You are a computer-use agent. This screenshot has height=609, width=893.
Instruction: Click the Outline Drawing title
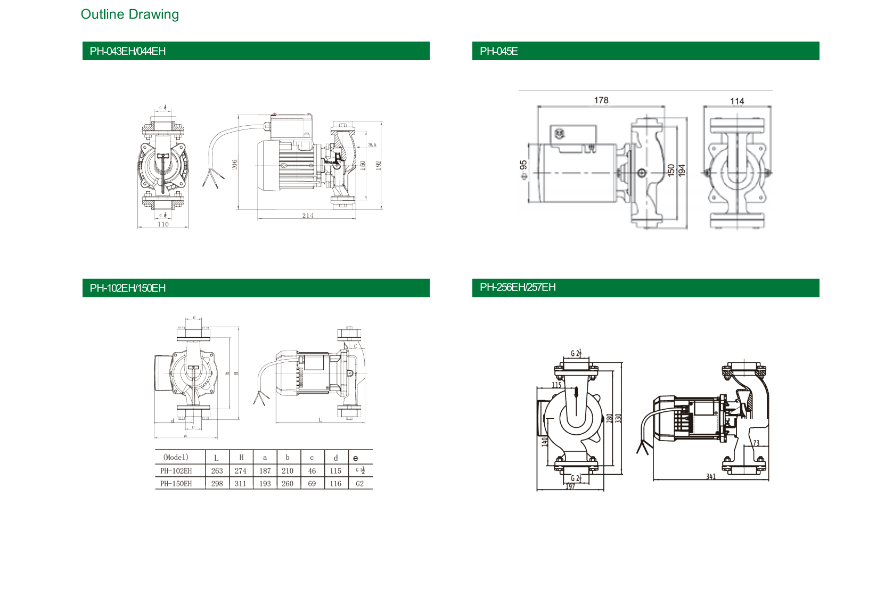129,14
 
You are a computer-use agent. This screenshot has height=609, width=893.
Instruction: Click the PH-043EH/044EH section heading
128,51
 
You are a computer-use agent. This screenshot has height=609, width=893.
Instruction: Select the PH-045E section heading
498,51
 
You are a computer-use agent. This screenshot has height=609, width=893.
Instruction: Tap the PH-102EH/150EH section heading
128,288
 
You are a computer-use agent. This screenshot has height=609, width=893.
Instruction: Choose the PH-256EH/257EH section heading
518,288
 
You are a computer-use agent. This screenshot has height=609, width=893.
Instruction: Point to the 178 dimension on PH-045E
601,100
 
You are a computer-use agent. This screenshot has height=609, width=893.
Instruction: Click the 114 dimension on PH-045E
737,101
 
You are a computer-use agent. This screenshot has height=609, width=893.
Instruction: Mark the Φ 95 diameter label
523,170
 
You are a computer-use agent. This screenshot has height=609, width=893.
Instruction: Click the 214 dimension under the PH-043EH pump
308,216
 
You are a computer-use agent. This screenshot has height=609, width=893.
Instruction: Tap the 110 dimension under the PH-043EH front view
163,224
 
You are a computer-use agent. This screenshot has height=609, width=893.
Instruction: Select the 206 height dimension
235,165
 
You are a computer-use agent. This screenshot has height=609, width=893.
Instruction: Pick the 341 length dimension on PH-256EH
711,477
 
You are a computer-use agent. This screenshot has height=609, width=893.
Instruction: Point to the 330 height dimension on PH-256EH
618,418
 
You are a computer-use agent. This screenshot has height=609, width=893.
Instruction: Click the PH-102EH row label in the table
176,471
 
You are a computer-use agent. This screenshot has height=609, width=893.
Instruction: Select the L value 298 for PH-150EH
217,484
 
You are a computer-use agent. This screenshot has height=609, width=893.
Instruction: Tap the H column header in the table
241,458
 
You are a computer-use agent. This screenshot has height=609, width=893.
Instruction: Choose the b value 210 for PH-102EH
288,471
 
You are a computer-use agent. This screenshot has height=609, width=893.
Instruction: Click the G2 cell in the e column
360,484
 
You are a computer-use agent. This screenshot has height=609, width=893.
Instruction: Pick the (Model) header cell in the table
176,458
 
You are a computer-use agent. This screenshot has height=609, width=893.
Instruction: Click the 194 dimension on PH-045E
682,170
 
